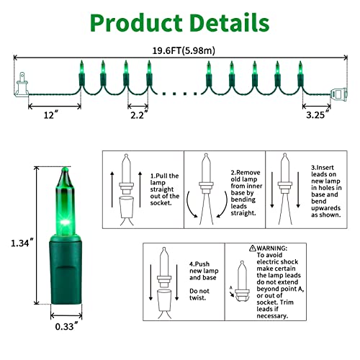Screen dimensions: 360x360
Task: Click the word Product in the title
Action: [x=136, y=23]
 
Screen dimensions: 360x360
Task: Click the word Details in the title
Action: [x=230, y=23]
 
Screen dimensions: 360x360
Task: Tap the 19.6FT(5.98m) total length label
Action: [x=184, y=50]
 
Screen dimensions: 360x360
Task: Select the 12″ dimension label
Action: [x=51, y=114]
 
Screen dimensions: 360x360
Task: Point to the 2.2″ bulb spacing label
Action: [x=139, y=115]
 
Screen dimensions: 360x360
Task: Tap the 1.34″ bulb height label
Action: [x=23, y=243]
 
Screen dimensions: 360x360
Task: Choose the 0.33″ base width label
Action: [x=66, y=326]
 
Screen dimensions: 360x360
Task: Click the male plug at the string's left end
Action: [x=22, y=85]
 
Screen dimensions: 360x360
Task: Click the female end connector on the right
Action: [x=339, y=94]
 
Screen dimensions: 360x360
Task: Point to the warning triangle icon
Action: [x=252, y=248]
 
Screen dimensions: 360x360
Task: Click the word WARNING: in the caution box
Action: [x=271, y=248]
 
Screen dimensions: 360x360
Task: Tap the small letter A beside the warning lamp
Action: [x=231, y=287]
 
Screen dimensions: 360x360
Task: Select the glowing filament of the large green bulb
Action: [x=65, y=222]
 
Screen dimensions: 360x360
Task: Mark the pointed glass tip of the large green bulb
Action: [x=65, y=169]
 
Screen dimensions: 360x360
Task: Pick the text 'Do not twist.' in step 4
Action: [x=199, y=294]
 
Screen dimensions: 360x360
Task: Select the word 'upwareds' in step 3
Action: [x=325, y=208]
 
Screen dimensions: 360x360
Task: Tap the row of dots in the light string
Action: [x=179, y=94]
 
